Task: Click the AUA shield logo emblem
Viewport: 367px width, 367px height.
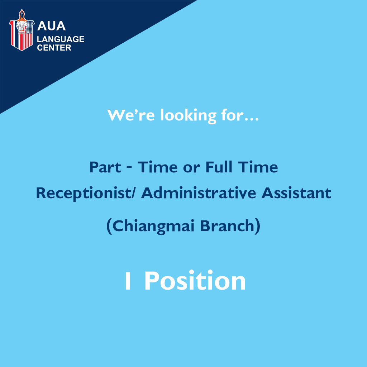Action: coord(22,30)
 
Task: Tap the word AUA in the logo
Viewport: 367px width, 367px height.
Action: coord(52,26)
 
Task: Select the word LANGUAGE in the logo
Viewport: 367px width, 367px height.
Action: coord(61,39)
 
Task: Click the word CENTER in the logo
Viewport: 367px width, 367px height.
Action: coord(54,48)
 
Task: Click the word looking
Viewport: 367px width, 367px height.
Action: coord(189,116)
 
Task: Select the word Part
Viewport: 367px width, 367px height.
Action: coord(105,167)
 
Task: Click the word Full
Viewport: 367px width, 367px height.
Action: coord(219,167)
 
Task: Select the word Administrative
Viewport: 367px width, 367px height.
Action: coord(199,193)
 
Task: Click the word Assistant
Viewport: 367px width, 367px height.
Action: coord(296,193)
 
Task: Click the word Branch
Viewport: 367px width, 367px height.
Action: coord(227,226)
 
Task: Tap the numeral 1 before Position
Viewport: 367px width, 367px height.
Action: coord(128,281)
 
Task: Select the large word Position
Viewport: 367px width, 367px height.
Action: coord(195,280)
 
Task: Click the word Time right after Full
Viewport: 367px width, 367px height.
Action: coord(258,167)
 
